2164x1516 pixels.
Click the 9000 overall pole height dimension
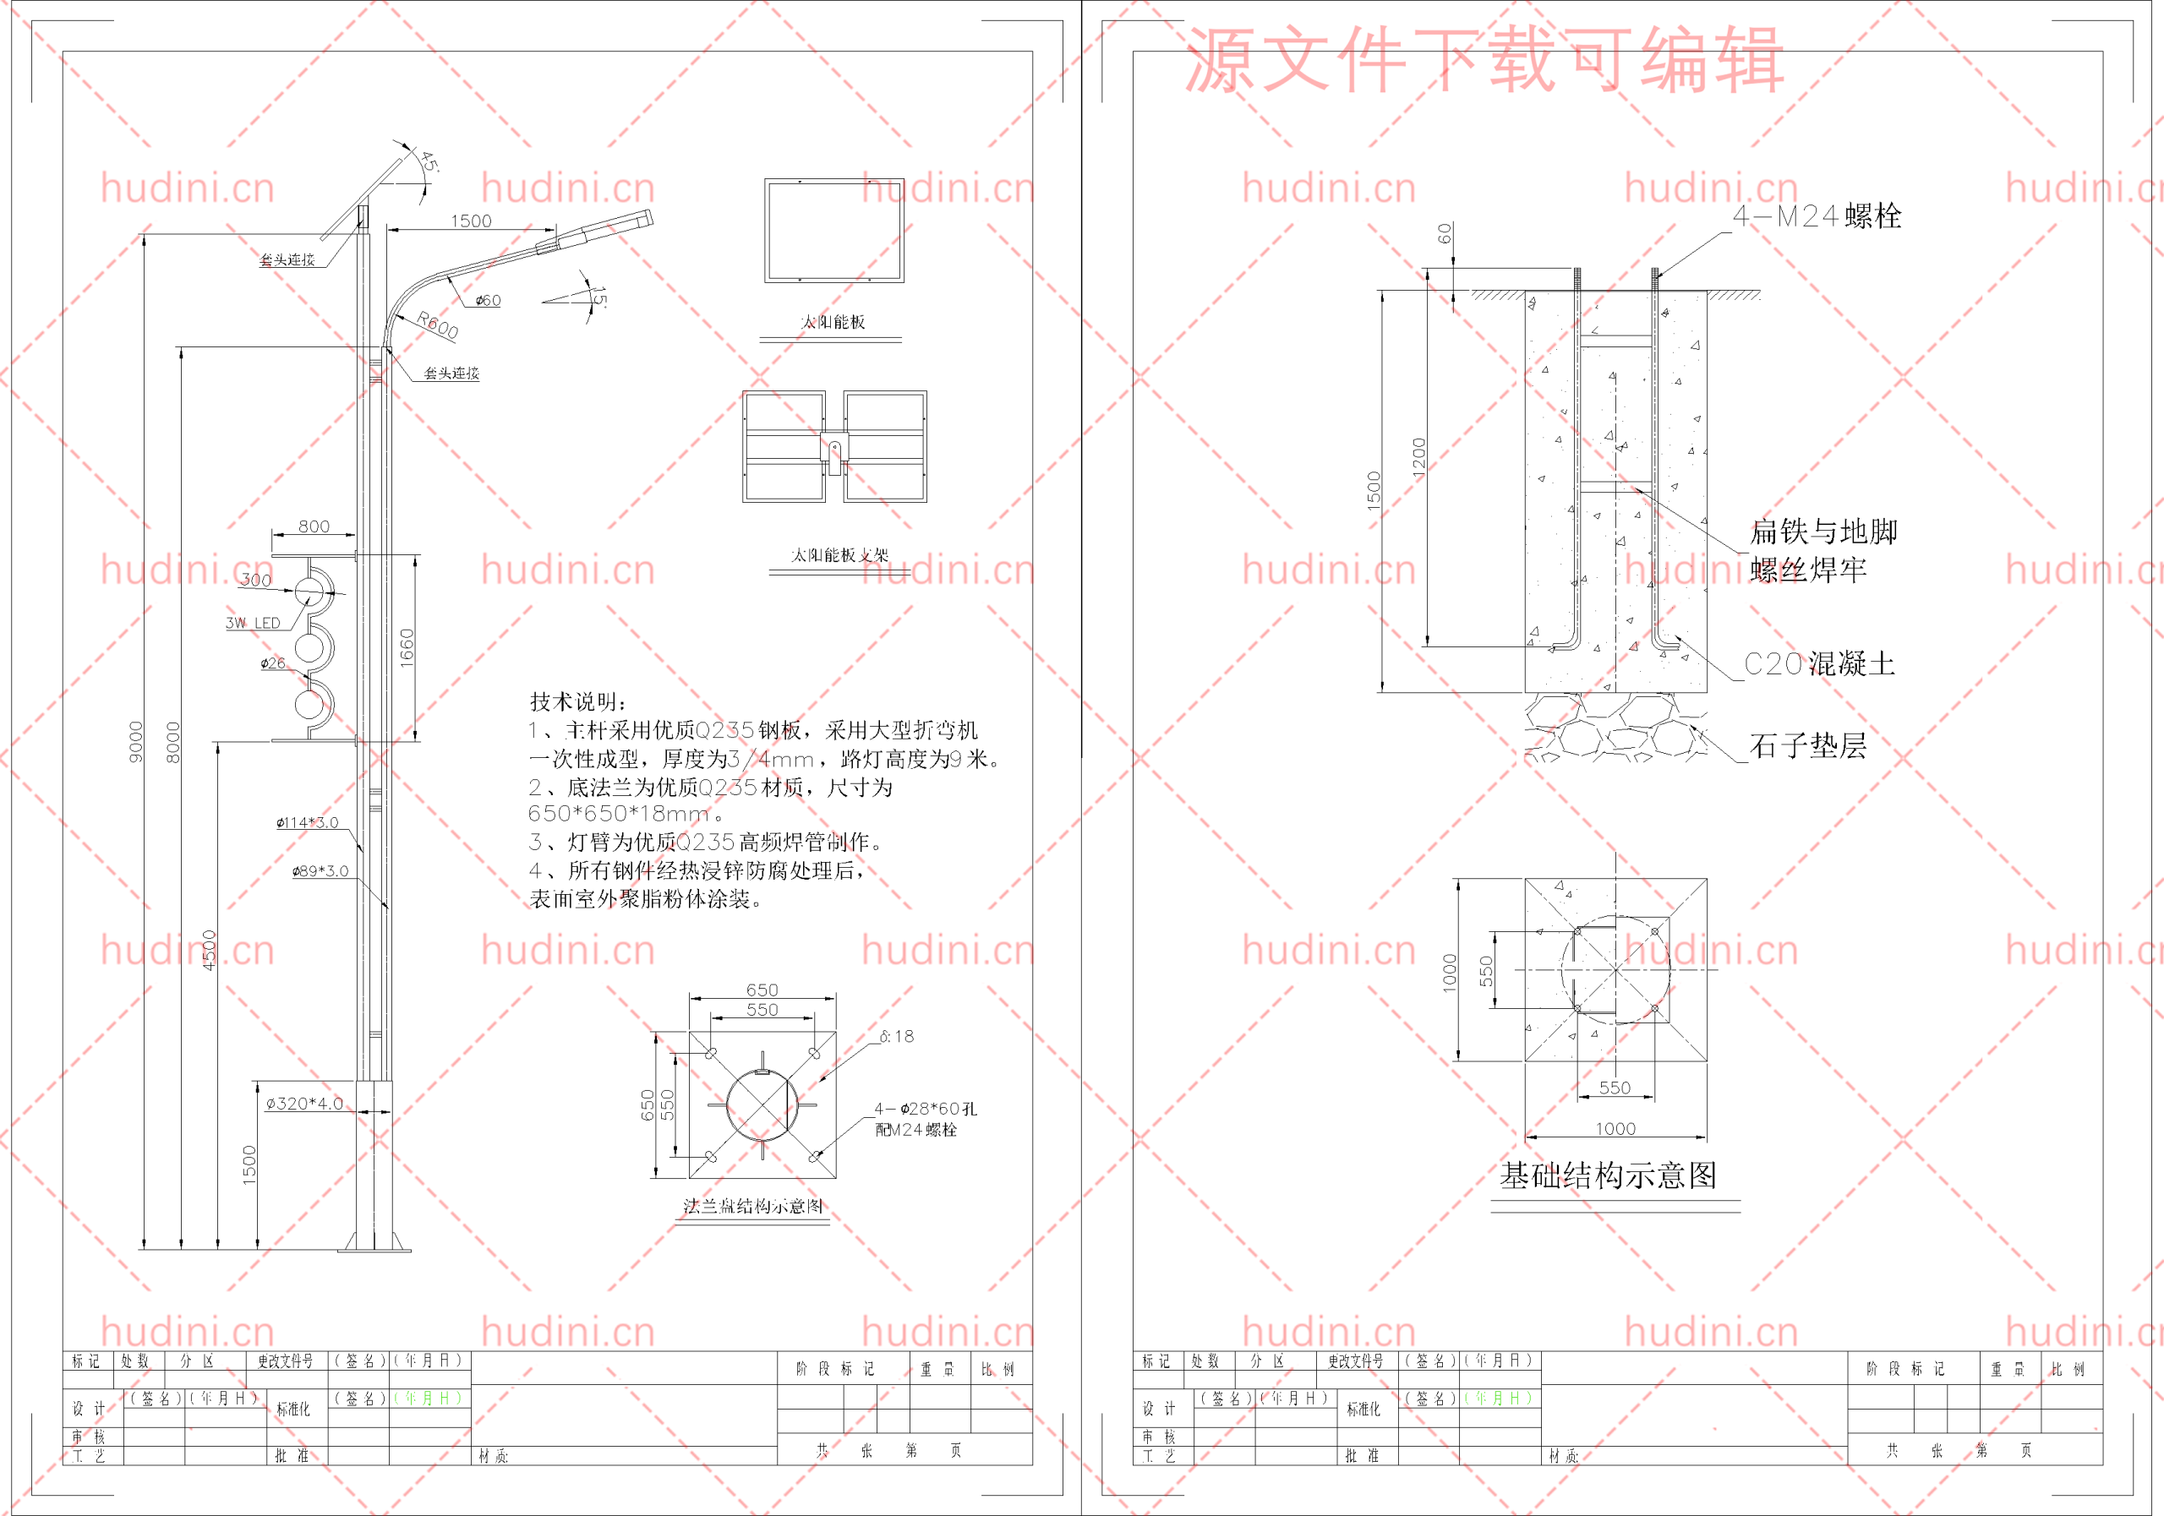click(x=137, y=741)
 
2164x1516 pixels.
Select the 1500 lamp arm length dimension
click(x=470, y=221)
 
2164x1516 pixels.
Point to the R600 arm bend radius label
click(x=437, y=325)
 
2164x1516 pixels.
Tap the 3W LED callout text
click(x=253, y=623)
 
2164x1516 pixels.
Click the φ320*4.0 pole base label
click(x=304, y=1104)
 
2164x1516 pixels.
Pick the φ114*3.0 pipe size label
click(x=307, y=822)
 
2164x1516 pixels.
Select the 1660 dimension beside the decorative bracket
click(x=407, y=648)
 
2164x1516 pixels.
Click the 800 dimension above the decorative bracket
click(x=314, y=526)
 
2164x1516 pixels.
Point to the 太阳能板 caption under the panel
click(x=833, y=322)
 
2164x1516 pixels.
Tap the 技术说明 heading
click(x=577, y=701)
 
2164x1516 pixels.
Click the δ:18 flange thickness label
click(x=896, y=1036)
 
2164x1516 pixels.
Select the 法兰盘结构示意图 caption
click(x=753, y=1206)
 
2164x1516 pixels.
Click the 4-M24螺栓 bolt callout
click(x=1817, y=216)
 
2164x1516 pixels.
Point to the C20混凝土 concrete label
click(x=1818, y=663)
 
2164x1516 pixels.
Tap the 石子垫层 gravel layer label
click(x=1808, y=746)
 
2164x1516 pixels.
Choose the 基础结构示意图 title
click(x=1608, y=1175)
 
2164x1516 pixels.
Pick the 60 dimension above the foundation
click(x=1444, y=232)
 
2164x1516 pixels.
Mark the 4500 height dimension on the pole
click(x=210, y=949)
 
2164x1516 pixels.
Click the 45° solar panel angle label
click(x=429, y=161)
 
